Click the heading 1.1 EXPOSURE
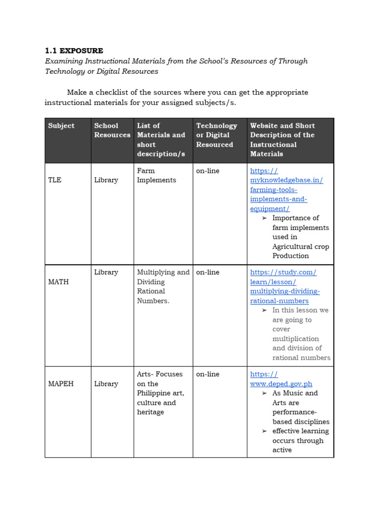point(74,51)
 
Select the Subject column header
point(61,126)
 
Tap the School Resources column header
point(112,130)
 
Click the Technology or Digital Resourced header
point(216,135)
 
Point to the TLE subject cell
point(55,180)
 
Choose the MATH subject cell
point(58,282)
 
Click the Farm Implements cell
point(156,175)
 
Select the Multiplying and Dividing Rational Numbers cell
point(163,287)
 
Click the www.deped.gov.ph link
point(281,379)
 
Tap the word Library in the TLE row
point(106,180)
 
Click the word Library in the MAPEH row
point(106,384)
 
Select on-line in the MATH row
point(207,272)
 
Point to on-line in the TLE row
point(207,171)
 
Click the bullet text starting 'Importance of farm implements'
point(300,237)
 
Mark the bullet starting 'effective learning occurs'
point(300,440)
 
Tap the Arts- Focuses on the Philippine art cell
point(160,393)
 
